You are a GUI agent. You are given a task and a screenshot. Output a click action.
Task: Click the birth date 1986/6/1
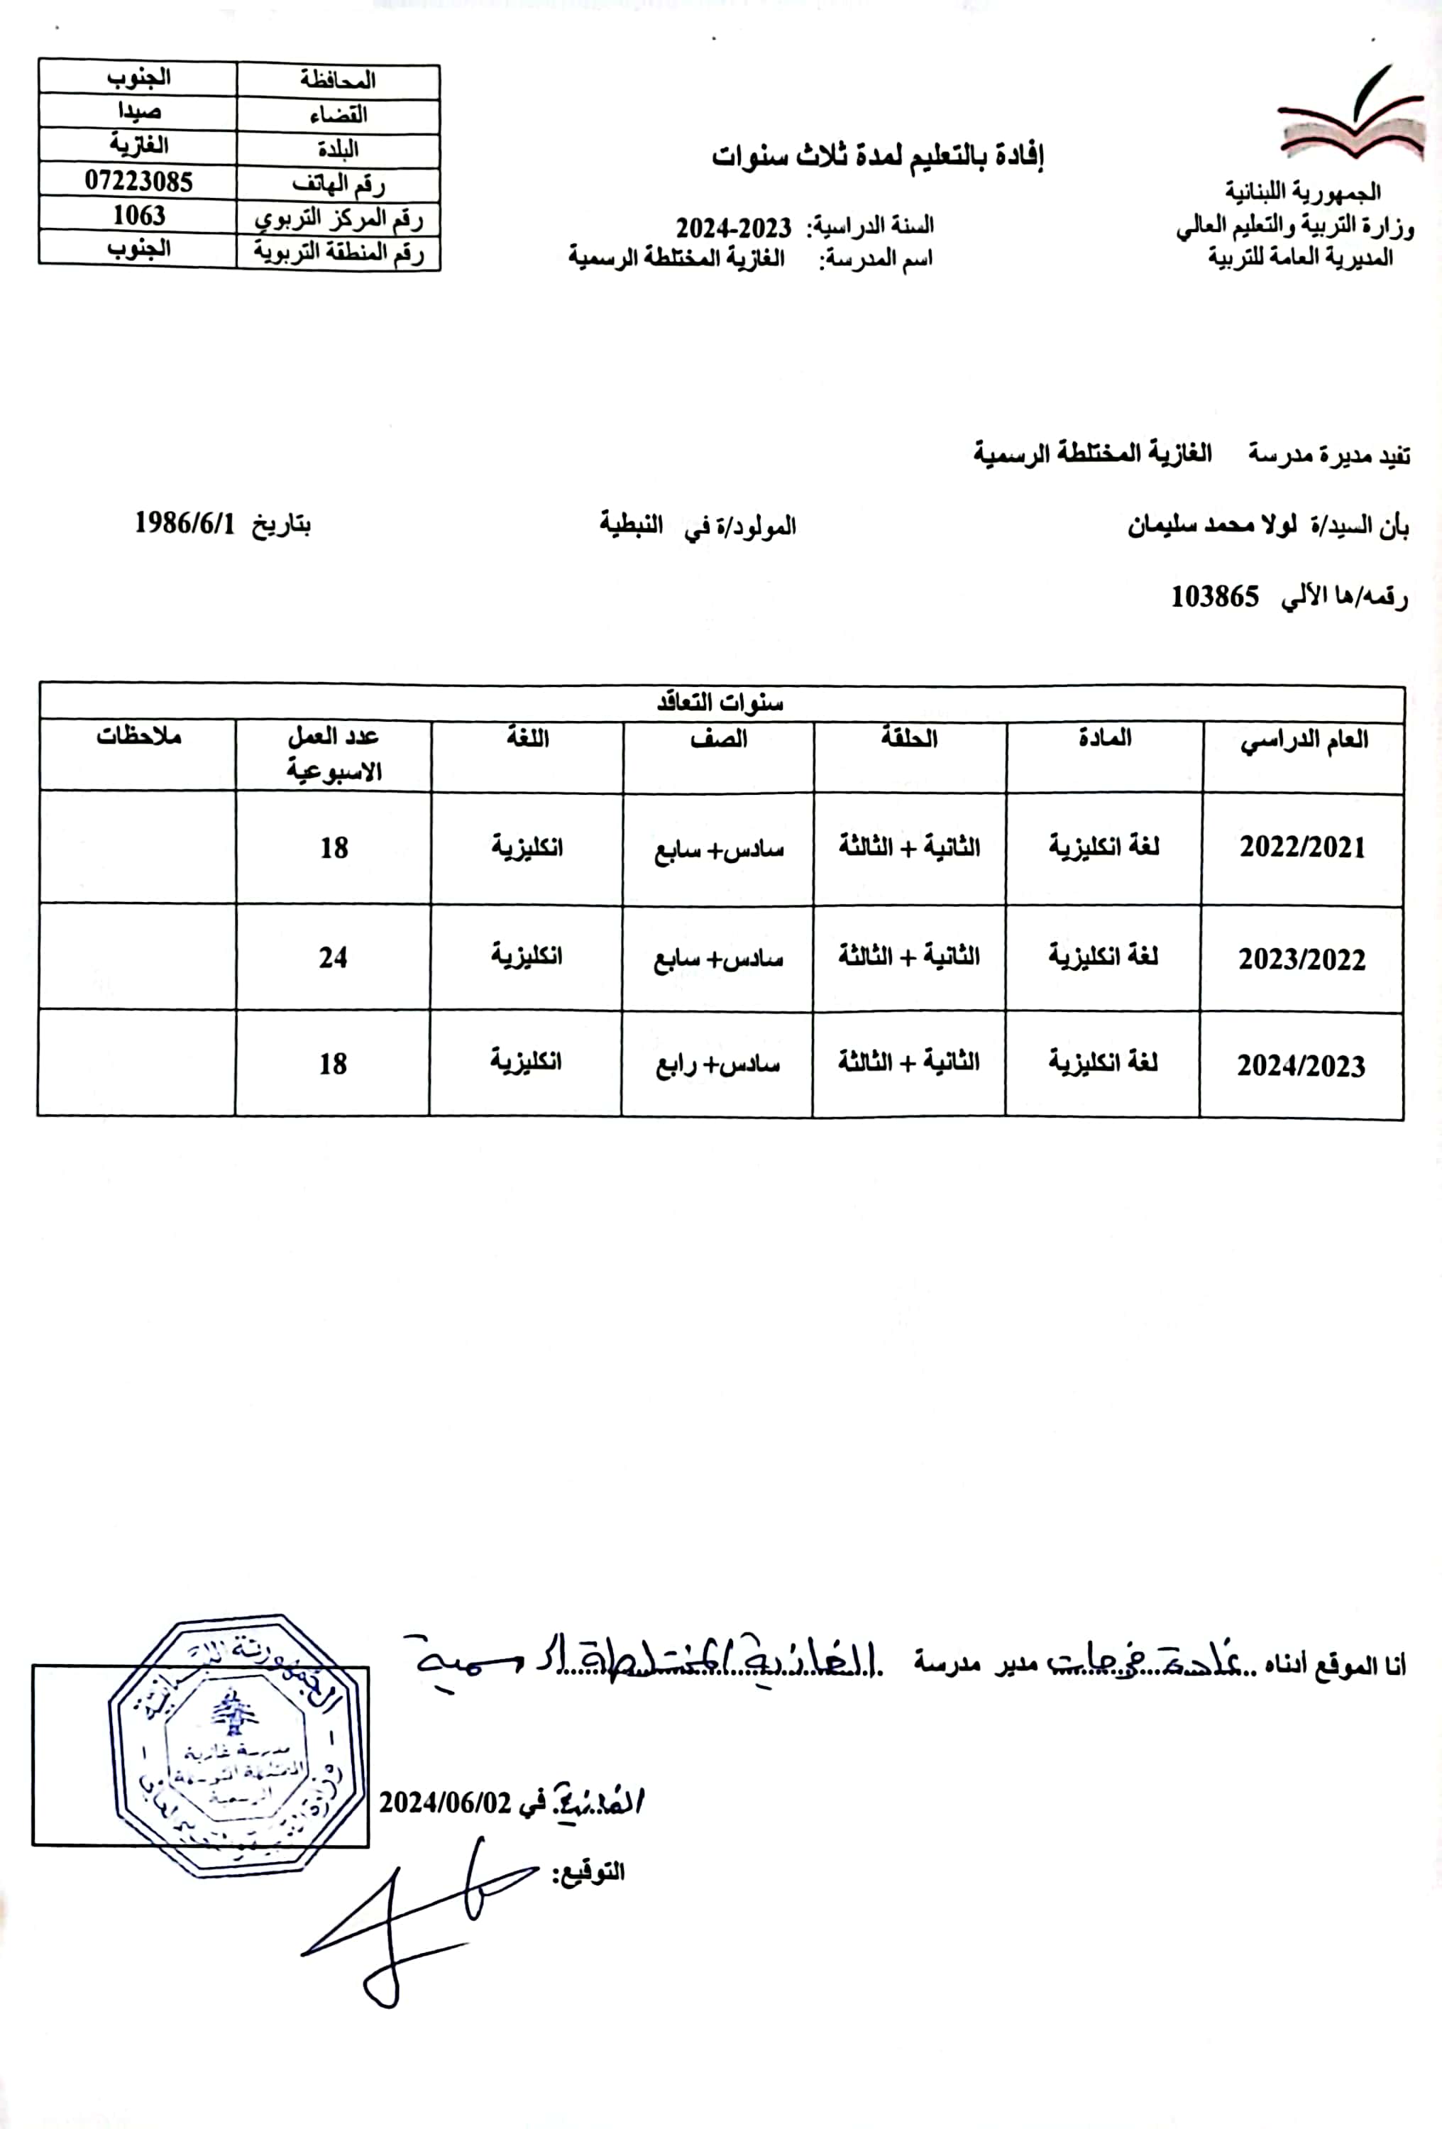(185, 524)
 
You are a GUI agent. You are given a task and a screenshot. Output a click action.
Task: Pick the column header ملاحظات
(138, 737)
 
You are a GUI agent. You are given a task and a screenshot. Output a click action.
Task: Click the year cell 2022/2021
(1301, 847)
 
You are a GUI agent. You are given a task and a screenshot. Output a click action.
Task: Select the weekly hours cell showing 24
(334, 958)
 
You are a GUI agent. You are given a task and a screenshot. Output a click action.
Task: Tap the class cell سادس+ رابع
(717, 1064)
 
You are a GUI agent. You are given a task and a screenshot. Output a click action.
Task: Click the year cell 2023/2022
(1301, 959)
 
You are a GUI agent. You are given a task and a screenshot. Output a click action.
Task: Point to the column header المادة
(1104, 738)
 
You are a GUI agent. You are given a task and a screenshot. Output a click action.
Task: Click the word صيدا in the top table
(138, 111)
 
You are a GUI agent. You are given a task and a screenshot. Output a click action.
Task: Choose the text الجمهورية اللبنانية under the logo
(1303, 192)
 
